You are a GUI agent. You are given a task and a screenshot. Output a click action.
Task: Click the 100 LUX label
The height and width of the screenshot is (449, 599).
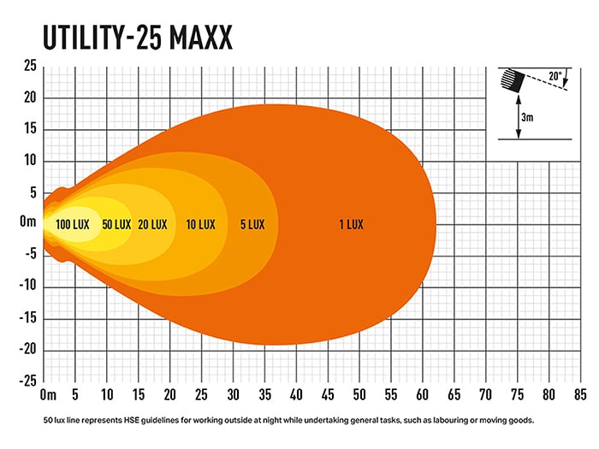[73, 224]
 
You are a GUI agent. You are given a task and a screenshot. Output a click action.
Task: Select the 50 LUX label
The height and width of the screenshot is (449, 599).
[116, 224]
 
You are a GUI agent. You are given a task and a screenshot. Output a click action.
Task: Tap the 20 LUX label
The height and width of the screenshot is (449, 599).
[152, 224]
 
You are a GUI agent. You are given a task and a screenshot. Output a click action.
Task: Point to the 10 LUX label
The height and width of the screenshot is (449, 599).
[200, 224]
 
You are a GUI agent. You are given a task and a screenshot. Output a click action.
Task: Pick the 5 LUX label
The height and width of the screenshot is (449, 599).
[252, 224]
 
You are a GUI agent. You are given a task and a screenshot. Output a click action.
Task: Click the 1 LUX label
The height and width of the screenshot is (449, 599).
[351, 224]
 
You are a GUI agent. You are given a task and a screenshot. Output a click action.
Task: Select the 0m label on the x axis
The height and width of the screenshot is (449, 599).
[47, 395]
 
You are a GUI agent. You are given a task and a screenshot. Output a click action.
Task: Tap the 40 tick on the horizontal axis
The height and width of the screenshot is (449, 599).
[296, 395]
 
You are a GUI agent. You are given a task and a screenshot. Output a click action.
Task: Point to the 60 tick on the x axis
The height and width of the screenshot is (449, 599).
[422, 395]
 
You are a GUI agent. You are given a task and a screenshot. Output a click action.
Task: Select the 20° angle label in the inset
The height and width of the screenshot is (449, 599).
[555, 77]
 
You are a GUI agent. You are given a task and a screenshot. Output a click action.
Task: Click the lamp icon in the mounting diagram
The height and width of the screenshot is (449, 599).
[511, 80]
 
